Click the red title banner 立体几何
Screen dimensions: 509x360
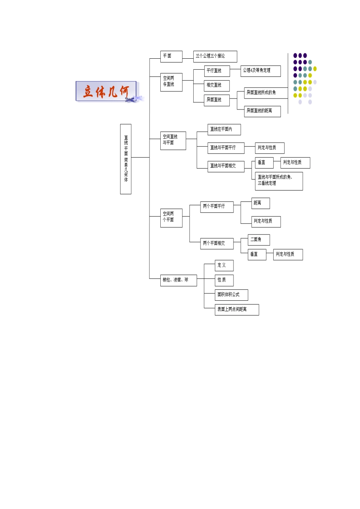click(106, 91)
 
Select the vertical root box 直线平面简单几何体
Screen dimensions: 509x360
click(125, 159)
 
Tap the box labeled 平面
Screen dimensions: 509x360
click(171, 56)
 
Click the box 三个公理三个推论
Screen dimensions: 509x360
click(215, 56)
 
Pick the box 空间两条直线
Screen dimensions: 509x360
click(171, 82)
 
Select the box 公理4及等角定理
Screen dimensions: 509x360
click(260, 71)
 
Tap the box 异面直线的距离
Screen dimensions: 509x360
click(262, 111)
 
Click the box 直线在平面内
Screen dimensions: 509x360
click(224, 130)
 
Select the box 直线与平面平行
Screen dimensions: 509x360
click(225, 148)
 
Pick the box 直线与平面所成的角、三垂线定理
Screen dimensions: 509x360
click(279, 181)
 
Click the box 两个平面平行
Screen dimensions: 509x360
click(217, 207)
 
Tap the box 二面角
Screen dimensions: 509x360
click(259, 240)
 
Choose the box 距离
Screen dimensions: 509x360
click(260, 203)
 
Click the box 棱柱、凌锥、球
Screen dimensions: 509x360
click(178, 280)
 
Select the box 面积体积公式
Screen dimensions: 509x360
click(231, 295)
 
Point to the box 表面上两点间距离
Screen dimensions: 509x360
click(236, 309)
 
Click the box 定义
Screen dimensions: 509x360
click(224, 265)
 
